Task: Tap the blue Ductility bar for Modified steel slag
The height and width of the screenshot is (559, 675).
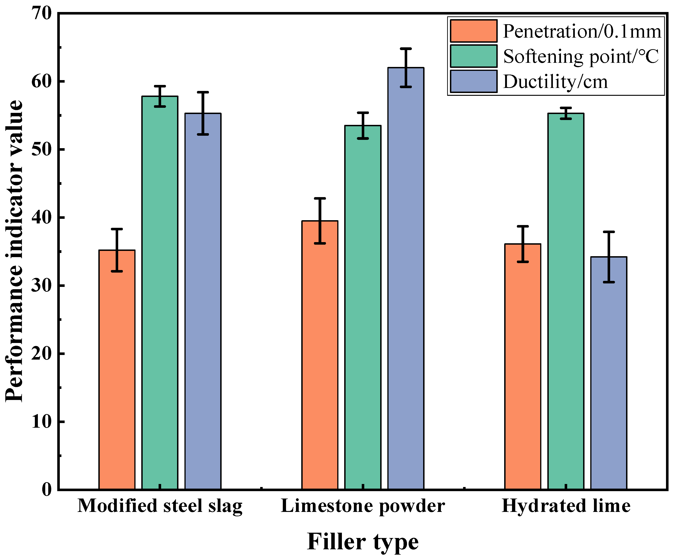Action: coord(203,301)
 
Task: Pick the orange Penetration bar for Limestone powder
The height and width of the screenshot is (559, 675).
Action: coord(320,355)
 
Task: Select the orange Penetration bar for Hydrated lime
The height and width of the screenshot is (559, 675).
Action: coord(523,367)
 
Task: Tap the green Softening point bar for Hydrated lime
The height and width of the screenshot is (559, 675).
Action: coord(566,301)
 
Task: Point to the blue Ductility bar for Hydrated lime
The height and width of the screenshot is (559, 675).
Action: coord(609,373)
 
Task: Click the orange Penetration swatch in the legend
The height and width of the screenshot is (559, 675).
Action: coord(473,31)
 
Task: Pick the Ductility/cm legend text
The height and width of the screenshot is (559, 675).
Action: coord(555,82)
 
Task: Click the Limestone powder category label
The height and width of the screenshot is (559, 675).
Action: coord(363,506)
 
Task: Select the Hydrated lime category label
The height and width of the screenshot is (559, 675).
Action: coord(566,506)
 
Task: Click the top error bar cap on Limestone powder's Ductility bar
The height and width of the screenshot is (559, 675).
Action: coord(406,48)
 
